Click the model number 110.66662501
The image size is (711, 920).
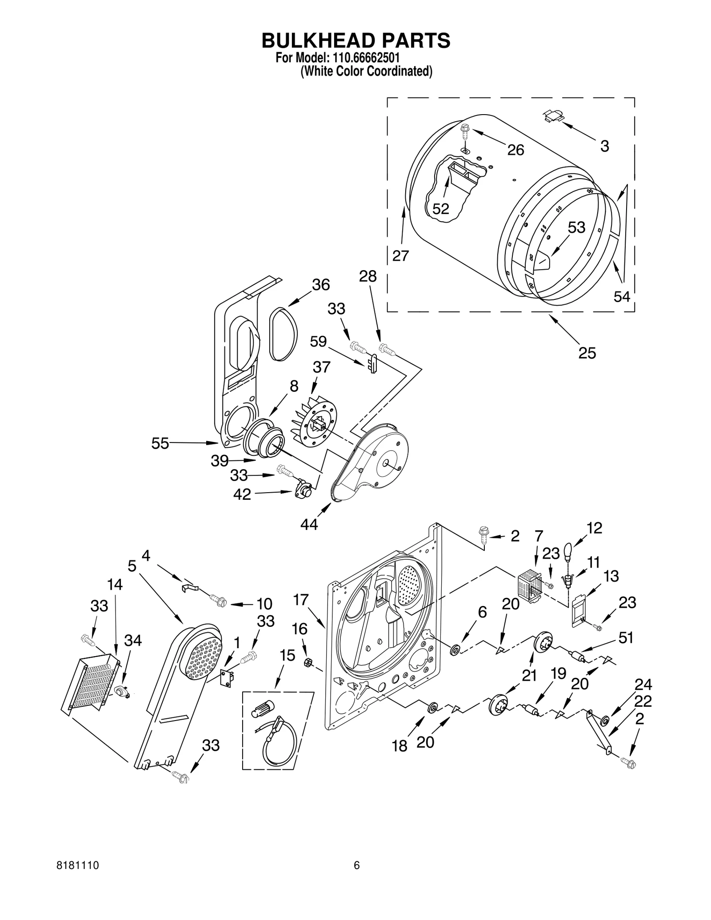[364, 58]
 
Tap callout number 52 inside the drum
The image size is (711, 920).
[441, 209]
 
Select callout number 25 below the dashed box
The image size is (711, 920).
[587, 353]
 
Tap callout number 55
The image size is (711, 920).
[160, 443]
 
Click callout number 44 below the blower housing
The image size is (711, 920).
[309, 525]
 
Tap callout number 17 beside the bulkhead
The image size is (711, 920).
[300, 600]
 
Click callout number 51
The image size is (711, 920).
[626, 638]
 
